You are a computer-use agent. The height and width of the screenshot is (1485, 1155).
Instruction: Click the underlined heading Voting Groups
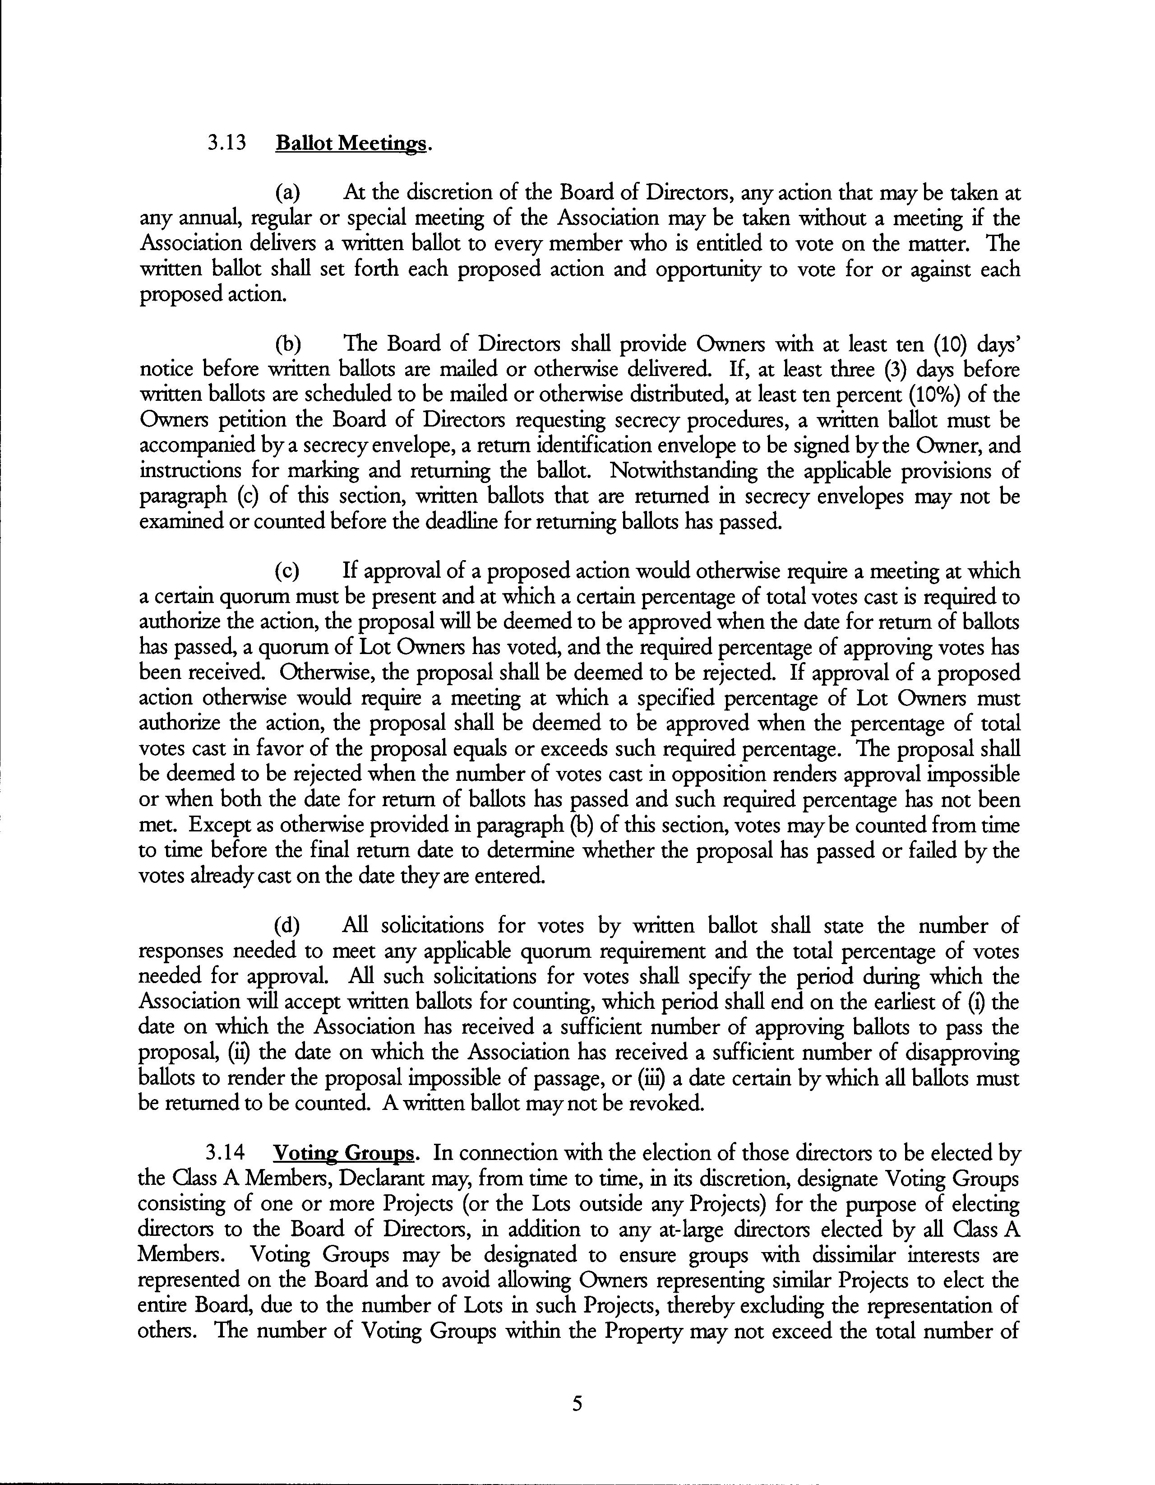coord(343,1153)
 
